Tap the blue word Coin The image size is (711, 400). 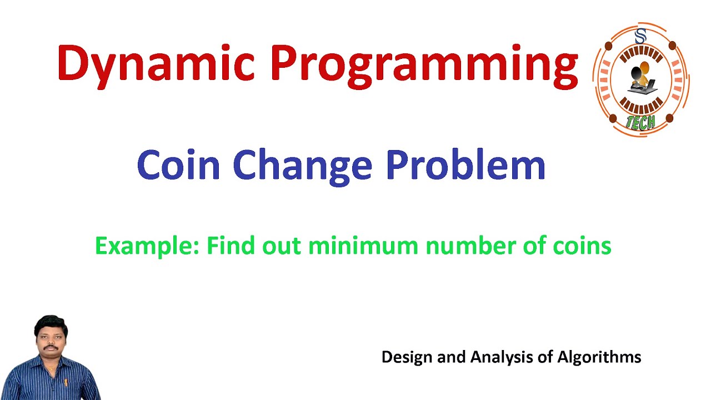pos(178,165)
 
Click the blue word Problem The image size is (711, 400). pos(465,165)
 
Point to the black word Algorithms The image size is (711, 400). pos(599,357)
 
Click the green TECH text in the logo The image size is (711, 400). pos(640,122)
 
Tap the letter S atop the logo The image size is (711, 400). pos(640,37)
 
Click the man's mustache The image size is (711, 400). pos(51,347)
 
